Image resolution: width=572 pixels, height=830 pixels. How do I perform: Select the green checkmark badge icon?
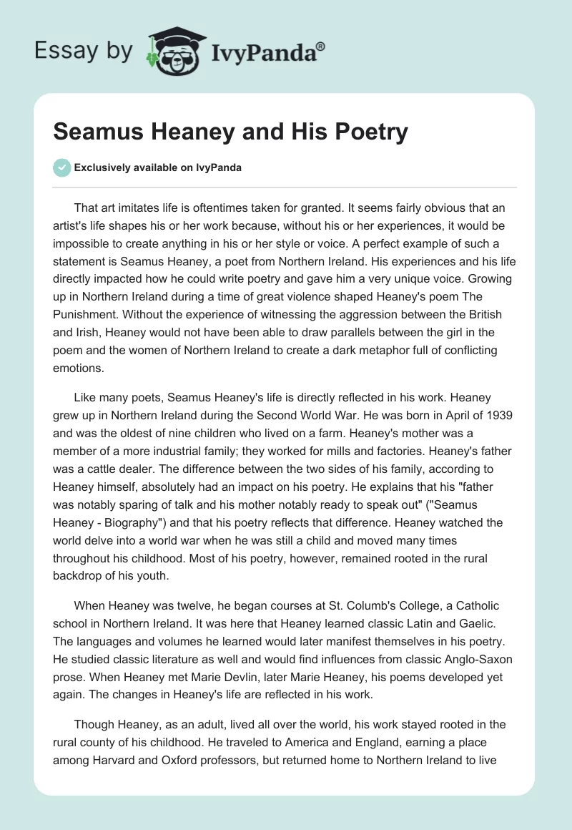(62, 167)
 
